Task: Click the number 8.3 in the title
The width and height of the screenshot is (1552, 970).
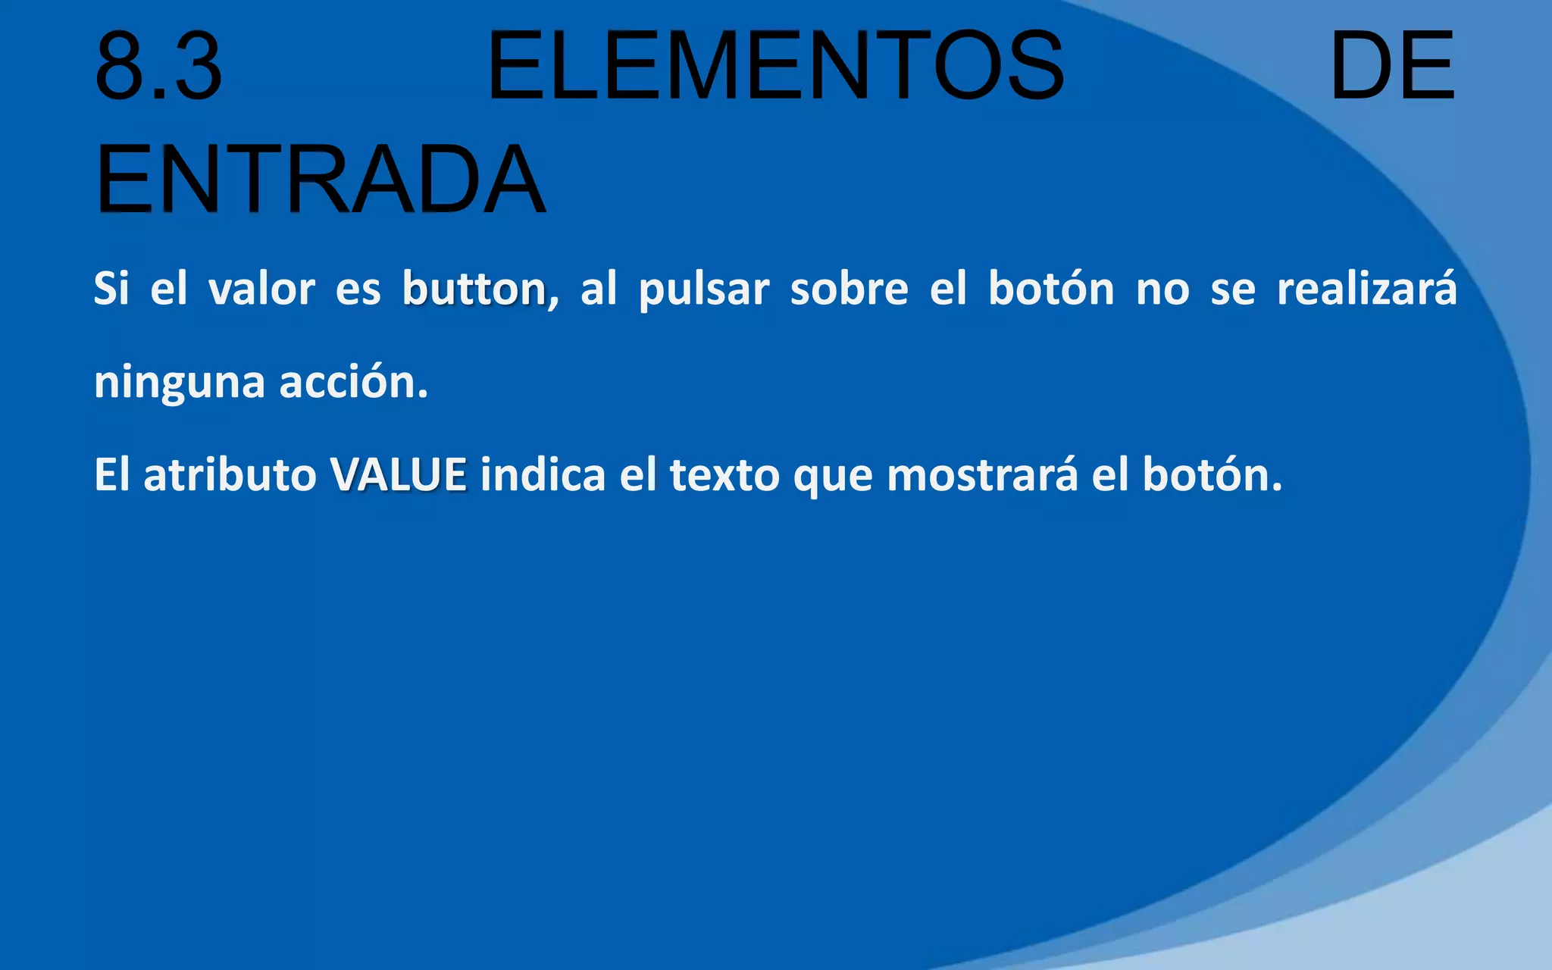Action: [x=158, y=66]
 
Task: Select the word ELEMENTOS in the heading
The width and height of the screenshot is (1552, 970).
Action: [x=775, y=66]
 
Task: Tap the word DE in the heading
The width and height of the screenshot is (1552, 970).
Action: [x=1391, y=66]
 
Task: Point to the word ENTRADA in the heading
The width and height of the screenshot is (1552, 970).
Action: [x=320, y=180]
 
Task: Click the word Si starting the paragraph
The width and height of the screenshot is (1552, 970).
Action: [x=111, y=289]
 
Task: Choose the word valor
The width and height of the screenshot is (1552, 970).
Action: [x=261, y=289]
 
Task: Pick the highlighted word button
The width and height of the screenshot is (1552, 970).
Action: [x=474, y=289]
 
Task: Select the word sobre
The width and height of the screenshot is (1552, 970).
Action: [x=849, y=289]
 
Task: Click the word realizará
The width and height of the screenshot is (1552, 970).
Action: [x=1366, y=289]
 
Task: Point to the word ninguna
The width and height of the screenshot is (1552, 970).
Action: [x=179, y=383]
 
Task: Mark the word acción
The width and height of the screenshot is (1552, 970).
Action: [x=353, y=381]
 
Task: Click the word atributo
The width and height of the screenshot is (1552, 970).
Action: [x=230, y=475]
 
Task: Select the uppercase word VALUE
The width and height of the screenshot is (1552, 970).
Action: [x=398, y=475]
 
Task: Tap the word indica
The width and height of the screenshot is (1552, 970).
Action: [x=543, y=475]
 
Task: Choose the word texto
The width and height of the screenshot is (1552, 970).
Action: [x=724, y=475]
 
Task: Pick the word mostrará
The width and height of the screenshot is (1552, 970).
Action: [x=981, y=475]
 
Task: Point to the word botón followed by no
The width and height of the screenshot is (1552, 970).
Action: [x=1050, y=289]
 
